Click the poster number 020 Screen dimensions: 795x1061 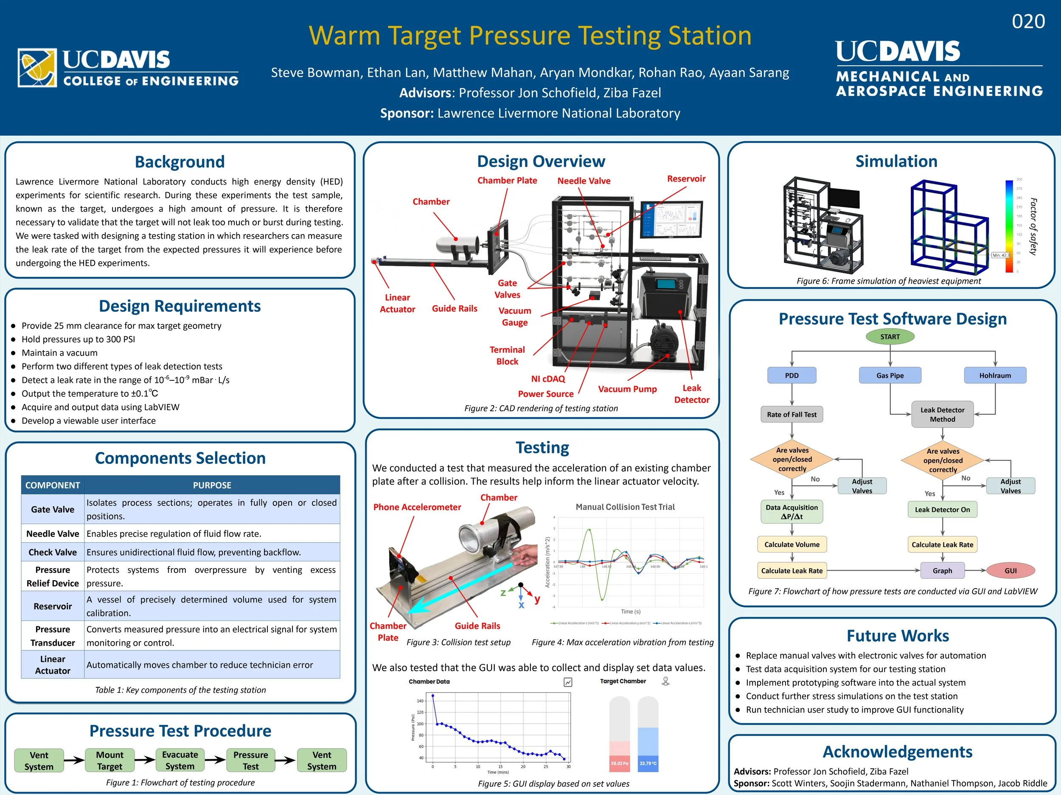(1028, 22)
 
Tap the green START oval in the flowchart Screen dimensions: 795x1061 (890, 337)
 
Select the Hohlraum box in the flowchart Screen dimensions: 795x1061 (995, 376)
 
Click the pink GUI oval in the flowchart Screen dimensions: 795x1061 (1010, 571)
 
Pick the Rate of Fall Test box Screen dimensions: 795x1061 (792, 415)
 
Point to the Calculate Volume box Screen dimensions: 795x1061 (792, 544)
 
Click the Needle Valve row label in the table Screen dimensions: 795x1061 (53, 534)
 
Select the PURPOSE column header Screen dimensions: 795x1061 (212, 485)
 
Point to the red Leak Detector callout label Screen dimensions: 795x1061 (691, 394)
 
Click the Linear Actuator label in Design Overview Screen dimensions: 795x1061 (397, 303)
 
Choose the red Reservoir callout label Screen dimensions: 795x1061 (686, 179)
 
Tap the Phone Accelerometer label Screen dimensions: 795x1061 (417, 507)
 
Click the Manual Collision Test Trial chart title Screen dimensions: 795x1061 (625, 507)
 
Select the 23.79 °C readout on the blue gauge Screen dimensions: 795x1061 (648, 763)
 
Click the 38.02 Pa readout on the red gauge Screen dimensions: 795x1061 (619, 763)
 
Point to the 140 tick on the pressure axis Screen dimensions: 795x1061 (420, 701)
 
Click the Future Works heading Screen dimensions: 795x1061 (898, 636)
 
